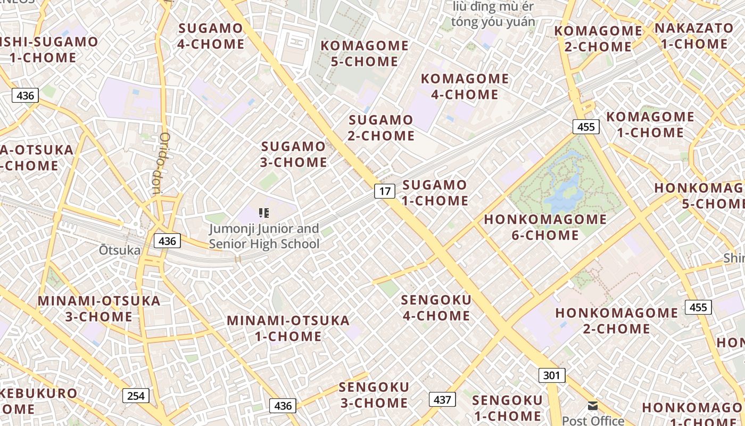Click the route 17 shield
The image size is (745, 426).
(x=385, y=191)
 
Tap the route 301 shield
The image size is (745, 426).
(x=551, y=375)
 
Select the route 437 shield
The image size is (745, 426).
(x=442, y=399)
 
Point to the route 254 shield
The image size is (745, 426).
(x=136, y=396)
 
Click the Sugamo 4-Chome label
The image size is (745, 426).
(x=211, y=36)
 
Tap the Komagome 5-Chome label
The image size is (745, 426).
(x=365, y=53)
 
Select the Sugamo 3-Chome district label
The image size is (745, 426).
(x=293, y=154)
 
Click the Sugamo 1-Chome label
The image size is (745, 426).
(x=435, y=193)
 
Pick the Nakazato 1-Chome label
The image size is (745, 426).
(x=694, y=36)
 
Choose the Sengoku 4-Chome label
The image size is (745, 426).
(x=436, y=308)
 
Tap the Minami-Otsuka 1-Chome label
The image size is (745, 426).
(x=288, y=328)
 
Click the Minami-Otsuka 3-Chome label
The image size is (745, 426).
(x=99, y=308)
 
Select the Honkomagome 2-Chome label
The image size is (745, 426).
(x=617, y=321)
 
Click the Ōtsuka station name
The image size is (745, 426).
(x=120, y=250)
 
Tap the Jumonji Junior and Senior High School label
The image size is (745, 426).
(x=264, y=236)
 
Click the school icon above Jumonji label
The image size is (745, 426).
(x=263, y=214)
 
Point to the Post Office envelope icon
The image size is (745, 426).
(x=592, y=406)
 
